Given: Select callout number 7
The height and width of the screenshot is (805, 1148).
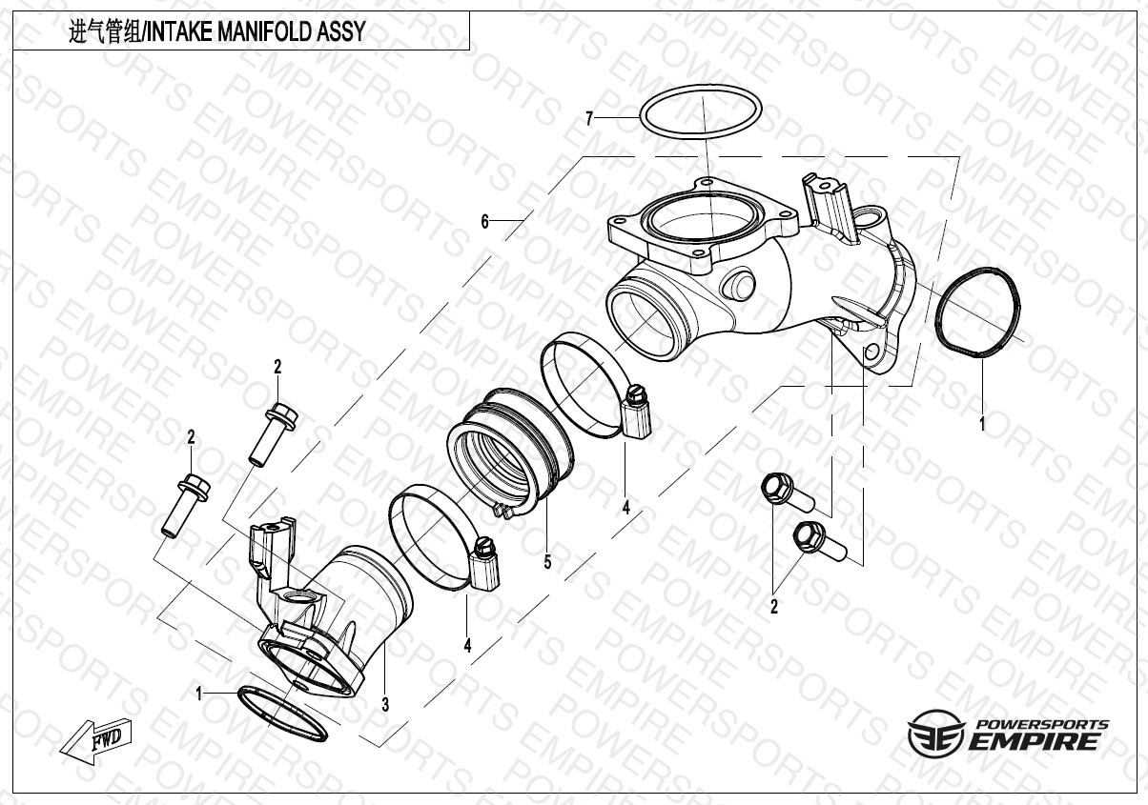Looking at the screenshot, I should coord(589,119).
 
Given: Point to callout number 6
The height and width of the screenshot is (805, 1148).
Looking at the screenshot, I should coord(484,222).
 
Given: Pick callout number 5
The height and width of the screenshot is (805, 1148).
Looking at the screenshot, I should coord(547,562).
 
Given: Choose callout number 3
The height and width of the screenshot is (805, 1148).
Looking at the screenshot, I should coord(384,705).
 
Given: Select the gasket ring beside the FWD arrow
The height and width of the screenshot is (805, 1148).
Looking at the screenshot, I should coord(281,712).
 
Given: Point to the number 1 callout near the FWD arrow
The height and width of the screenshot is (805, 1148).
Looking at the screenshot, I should coord(199,694).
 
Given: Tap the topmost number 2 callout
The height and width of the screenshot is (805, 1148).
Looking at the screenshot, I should coord(277,366).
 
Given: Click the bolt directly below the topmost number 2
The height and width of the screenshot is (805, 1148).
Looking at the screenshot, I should coord(271,433).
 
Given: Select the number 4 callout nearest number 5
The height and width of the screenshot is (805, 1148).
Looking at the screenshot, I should coord(625,508).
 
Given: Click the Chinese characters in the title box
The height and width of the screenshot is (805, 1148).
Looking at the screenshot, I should coord(104,32).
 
